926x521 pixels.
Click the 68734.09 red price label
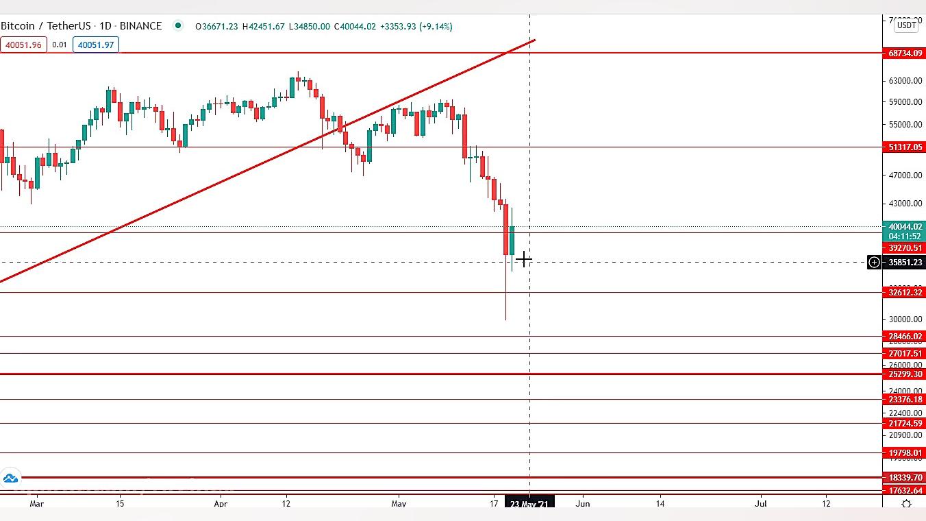click(905, 53)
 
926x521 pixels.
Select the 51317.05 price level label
click(905, 147)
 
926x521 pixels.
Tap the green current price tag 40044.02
click(905, 227)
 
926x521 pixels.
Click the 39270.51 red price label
click(905, 248)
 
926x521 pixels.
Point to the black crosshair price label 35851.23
click(905, 263)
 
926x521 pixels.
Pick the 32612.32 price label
click(905, 293)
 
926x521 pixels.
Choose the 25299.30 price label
click(905, 374)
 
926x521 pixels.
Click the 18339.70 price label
click(905, 478)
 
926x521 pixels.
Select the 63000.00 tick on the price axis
click(905, 81)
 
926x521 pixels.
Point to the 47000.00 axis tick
click(905, 175)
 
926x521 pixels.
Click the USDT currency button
click(907, 25)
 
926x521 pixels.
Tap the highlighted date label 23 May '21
click(529, 504)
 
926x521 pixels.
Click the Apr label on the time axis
click(221, 504)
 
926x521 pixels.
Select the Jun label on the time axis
click(582, 504)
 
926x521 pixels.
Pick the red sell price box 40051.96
click(23, 45)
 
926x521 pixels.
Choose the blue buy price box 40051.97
click(96, 45)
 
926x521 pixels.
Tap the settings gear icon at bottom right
click(906, 504)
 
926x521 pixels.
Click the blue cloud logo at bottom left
click(10, 478)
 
